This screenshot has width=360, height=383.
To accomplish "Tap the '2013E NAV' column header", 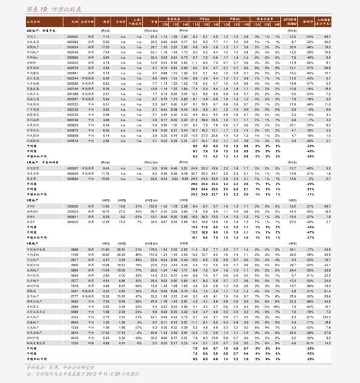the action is pyautogui.click(x=289, y=21).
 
